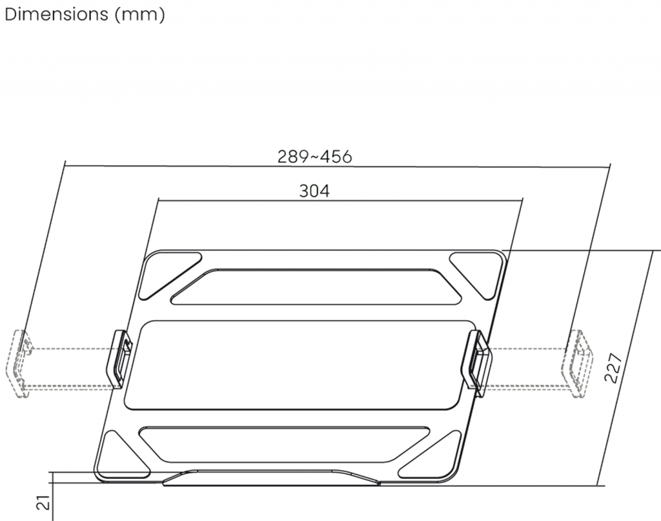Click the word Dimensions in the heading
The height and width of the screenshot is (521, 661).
(x=57, y=14)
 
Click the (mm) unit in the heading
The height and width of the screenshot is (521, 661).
(x=139, y=15)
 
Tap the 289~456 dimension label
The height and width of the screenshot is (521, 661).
(x=314, y=157)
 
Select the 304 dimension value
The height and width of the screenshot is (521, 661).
(x=314, y=191)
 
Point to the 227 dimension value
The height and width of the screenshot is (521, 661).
(x=613, y=368)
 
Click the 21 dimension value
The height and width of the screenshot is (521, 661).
(x=43, y=503)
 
